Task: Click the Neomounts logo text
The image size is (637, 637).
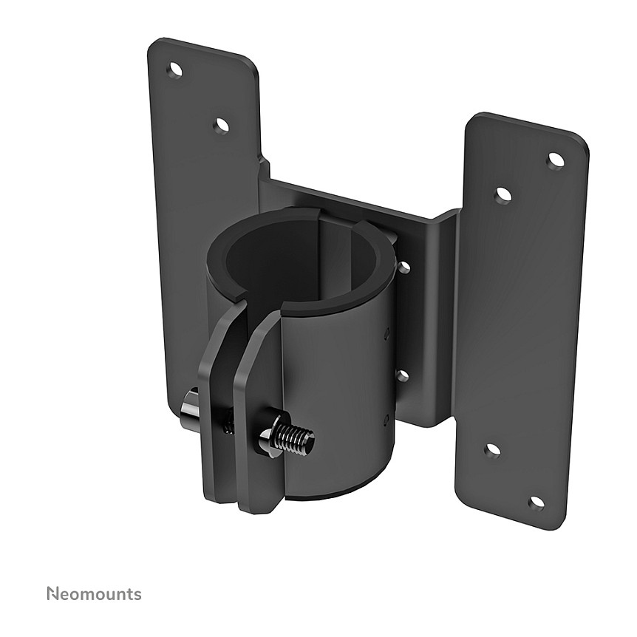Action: [94, 593]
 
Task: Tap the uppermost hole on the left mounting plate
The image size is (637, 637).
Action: [175, 69]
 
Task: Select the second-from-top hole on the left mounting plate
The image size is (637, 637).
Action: [221, 126]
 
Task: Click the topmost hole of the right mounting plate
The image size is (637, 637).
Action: [556, 160]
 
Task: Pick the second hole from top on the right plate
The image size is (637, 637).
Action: [503, 195]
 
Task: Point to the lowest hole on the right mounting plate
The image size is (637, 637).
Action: [536, 503]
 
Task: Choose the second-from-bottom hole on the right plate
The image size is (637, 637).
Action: [491, 449]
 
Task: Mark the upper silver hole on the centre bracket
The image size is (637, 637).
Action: [403, 267]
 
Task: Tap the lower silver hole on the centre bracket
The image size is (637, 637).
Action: [402, 376]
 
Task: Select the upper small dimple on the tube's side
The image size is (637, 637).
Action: [386, 334]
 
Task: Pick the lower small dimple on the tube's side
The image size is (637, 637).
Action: [385, 421]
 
